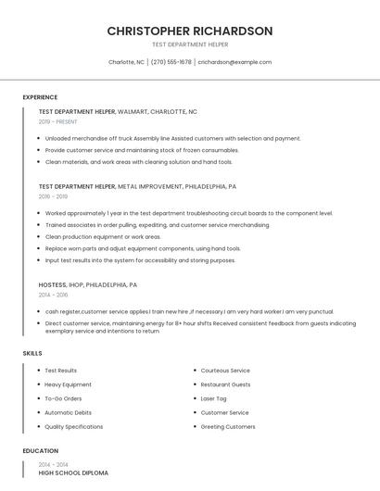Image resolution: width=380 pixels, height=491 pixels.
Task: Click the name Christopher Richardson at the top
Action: pos(189,31)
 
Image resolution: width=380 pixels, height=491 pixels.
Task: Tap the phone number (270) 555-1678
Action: pos(171,62)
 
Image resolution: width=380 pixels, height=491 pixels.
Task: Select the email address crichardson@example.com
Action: pos(234,62)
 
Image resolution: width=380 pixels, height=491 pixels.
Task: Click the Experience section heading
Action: pos(40,97)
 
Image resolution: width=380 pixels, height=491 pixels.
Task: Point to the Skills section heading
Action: pos(32,353)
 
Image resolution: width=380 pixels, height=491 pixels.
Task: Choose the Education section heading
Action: pos(40,451)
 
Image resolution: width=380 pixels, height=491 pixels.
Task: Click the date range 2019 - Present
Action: pos(57,121)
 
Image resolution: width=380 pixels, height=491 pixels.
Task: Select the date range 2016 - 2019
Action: pos(53,196)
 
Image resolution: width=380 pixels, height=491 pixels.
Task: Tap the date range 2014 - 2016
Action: pos(53,295)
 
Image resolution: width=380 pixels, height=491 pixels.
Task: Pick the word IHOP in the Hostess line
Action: pos(79,284)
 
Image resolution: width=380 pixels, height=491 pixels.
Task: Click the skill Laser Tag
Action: pos(213,398)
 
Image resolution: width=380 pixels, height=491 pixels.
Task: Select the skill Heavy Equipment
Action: pos(68,384)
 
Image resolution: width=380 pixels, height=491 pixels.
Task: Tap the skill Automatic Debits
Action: pos(68,412)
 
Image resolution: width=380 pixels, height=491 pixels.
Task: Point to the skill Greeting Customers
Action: pos(227,426)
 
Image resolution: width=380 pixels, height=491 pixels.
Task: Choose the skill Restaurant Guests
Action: pos(225,384)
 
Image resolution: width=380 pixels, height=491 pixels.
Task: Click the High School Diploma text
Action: pos(72,472)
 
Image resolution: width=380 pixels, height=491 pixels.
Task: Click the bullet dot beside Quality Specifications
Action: pos(37,427)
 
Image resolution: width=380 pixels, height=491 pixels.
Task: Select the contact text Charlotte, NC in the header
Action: pos(126,62)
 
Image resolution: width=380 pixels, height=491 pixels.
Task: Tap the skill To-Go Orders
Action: pos(63,398)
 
